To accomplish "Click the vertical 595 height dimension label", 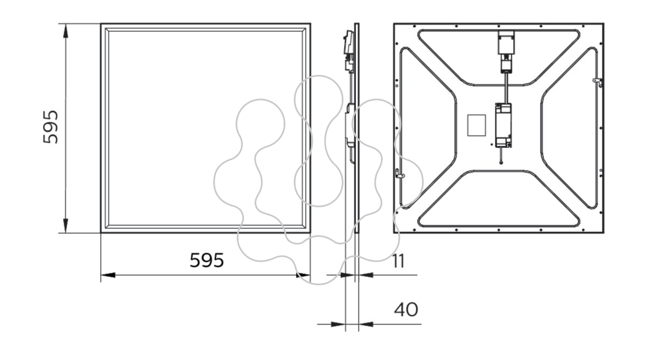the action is coord(51,127).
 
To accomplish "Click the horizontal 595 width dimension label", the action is coord(207,260).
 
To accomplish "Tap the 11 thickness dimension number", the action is coord(399,262).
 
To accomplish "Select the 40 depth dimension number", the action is coord(406,309).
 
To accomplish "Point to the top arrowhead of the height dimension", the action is coord(66,31).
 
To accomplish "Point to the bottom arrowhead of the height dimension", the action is coord(66,225).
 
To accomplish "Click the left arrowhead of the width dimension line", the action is coord(108,276).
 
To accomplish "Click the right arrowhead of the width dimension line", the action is coord(303,276).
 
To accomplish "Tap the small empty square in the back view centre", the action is coord(476,125).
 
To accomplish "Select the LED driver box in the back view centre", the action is coord(503,125).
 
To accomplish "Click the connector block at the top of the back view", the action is coord(507,51).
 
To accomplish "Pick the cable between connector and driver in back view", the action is coord(506,88).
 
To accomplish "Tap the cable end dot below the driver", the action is coord(501,163).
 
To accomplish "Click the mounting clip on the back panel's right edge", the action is coord(598,82).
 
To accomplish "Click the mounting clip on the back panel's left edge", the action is coord(399,174).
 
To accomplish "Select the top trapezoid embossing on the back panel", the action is coord(498,58).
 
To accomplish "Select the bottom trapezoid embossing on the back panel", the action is coord(498,199).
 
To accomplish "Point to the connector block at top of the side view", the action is coord(349,51).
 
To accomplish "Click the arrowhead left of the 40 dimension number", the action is coord(338,324).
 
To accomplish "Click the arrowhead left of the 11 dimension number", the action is coord(347,276).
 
